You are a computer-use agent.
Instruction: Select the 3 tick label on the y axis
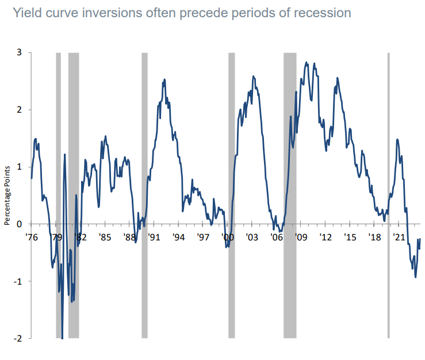19,52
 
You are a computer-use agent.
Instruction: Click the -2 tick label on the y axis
17,338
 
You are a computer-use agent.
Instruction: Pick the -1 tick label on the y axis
17,281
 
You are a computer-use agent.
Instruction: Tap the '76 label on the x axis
32,237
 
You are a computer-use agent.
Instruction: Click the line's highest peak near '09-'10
307,62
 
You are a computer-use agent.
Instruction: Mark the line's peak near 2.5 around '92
164,79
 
